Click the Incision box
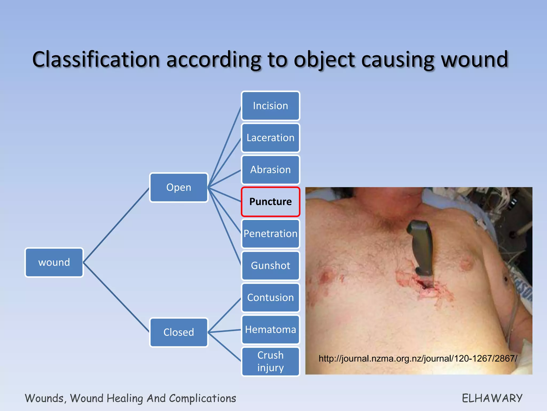(270, 106)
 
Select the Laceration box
(270, 138)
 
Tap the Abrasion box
(270, 170)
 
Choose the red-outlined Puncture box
(270, 202)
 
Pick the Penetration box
(270, 234)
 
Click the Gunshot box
(270, 265)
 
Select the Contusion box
(270, 298)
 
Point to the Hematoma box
(270, 329)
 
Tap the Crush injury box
(270, 361)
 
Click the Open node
(179, 187)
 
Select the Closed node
(179, 332)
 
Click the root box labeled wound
(54, 262)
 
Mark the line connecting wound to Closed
(116, 297)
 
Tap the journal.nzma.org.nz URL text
(418, 359)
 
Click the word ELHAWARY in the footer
(492, 398)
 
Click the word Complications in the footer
(202, 398)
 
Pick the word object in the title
(324, 59)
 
